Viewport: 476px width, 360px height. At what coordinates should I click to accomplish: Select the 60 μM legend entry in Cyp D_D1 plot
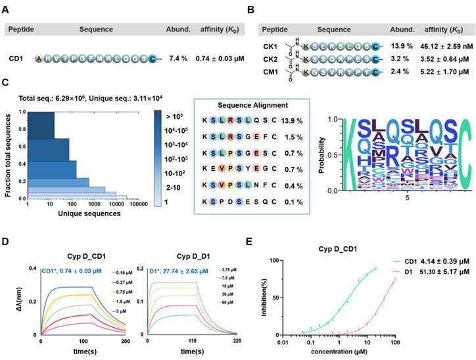pos(201,307)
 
